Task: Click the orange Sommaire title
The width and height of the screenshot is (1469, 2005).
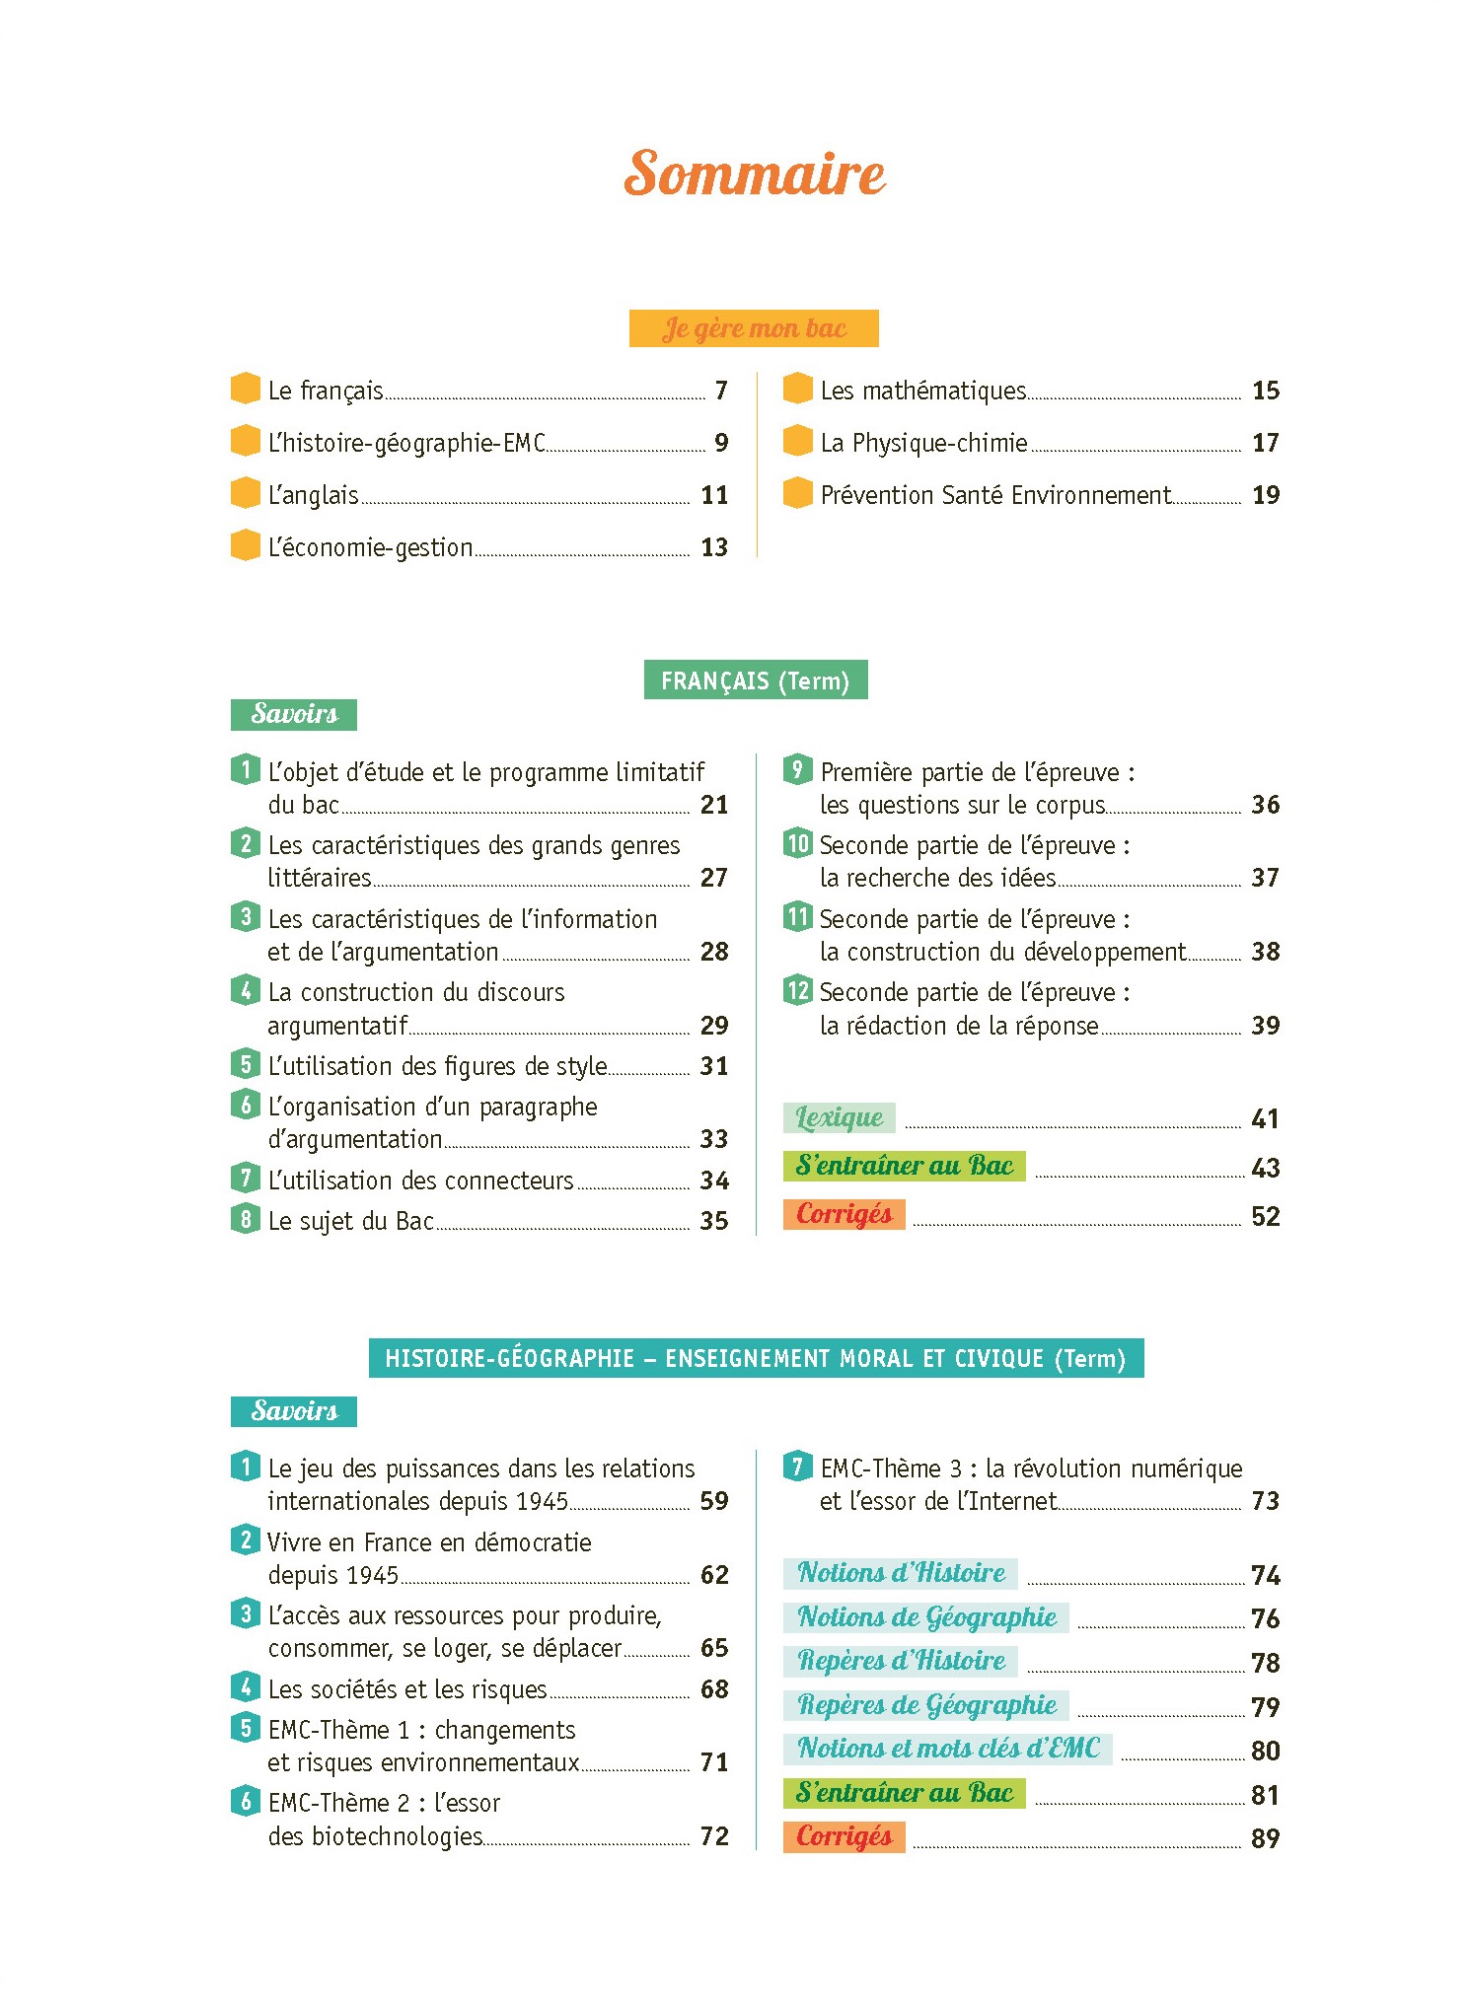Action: [755, 174]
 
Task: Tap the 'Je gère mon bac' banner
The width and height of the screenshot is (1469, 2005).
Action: [754, 328]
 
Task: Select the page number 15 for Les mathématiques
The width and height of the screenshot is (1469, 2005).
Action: [1266, 391]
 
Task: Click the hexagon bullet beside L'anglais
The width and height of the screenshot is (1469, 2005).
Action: [245, 492]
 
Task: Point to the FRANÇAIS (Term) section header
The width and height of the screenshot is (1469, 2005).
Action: [756, 680]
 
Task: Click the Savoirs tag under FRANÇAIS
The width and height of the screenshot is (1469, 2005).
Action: [294, 714]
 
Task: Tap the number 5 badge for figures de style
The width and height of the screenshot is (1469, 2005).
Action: [245, 1064]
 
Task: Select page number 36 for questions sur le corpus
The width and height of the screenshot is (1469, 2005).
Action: [1266, 805]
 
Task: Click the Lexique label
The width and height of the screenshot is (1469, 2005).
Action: [840, 1117]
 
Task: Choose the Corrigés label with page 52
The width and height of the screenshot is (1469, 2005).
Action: [845, 1214]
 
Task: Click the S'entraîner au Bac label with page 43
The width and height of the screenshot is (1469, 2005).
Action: [905, 1166]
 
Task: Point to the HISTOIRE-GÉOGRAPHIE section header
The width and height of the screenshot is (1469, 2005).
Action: [756, 1358]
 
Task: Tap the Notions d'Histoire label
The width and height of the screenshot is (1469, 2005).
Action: [901, 1573]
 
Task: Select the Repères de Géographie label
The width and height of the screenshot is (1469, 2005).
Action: [926, 1705]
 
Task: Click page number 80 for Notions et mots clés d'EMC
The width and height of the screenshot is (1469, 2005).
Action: [1266, 1751]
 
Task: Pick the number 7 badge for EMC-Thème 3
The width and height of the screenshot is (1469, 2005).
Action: [797, 1466]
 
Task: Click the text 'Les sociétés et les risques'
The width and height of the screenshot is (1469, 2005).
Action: [407, 1689]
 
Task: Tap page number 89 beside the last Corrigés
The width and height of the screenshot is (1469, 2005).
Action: [1266, 1838]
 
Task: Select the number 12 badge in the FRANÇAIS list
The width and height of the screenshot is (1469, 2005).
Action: [797, 990]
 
